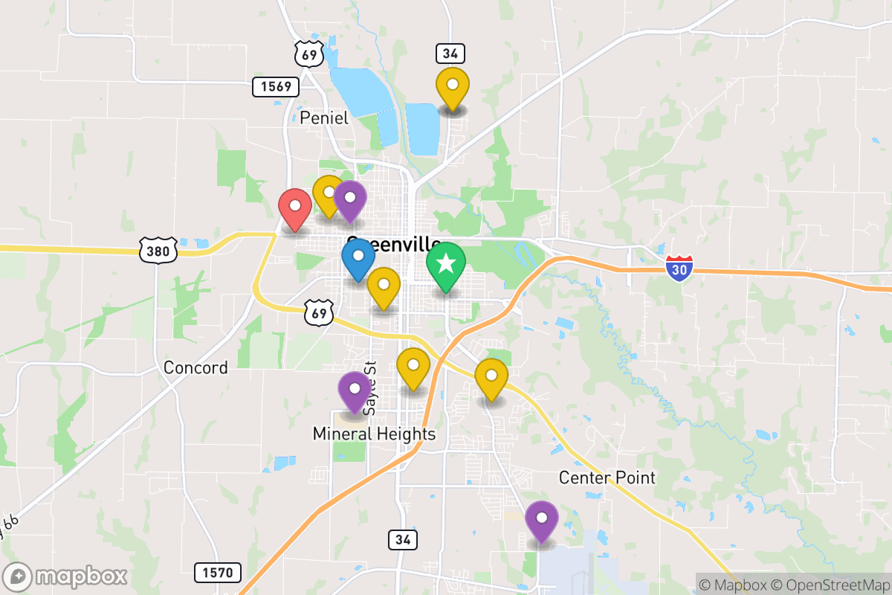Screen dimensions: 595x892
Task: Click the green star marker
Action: (x=446, y=265)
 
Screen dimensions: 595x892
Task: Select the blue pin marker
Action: (x=358, y=257)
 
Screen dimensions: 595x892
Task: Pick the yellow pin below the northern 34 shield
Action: (x=451, y=87)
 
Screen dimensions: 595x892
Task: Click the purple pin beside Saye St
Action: (x=355, y=390)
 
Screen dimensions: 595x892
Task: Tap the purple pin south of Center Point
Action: (x=542, y=520)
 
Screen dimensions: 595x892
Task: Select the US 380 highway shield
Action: (x=158, y=250)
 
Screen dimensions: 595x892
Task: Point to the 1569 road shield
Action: (x=275, y=87)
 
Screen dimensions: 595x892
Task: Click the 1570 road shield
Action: (x=218, y=573)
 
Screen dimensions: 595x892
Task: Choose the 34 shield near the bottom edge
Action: (x=402, y=540)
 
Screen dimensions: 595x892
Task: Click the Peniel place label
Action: (x=324, y=118)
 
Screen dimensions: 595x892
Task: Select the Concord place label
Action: (x=195, y=367)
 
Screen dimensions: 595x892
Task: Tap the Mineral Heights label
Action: (x=374, y=434)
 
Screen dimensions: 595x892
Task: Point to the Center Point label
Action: (x=607, y=477)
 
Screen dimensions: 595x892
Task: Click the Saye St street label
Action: (x=371, y=388)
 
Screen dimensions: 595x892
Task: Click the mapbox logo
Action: (x=67, y=576)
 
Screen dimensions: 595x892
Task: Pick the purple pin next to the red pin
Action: (x=349, y=199)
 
